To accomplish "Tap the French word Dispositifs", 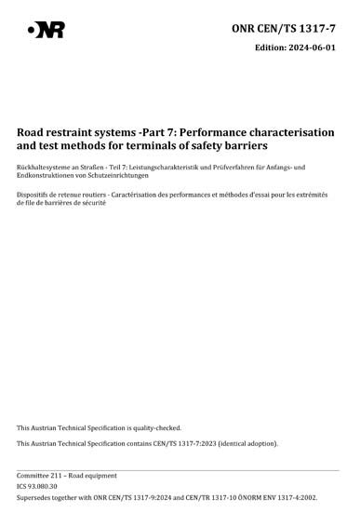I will click(34, 195).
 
